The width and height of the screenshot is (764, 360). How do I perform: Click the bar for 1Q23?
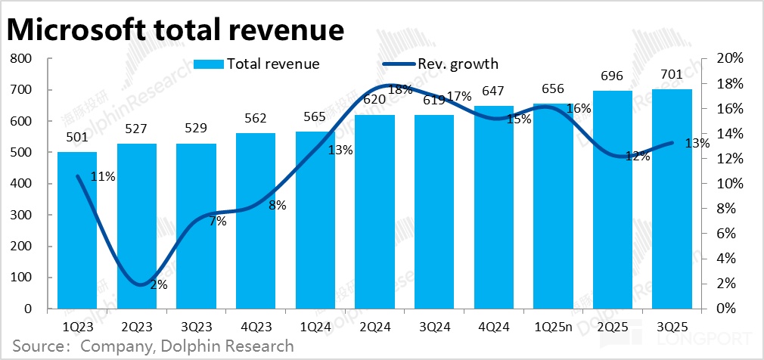click(x=77, y=231)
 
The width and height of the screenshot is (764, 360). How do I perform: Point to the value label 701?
click(x=671, y=74)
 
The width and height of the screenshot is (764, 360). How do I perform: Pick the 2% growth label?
click(x=158, y=285)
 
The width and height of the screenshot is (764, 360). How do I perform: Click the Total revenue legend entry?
click(x=256, y=64)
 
